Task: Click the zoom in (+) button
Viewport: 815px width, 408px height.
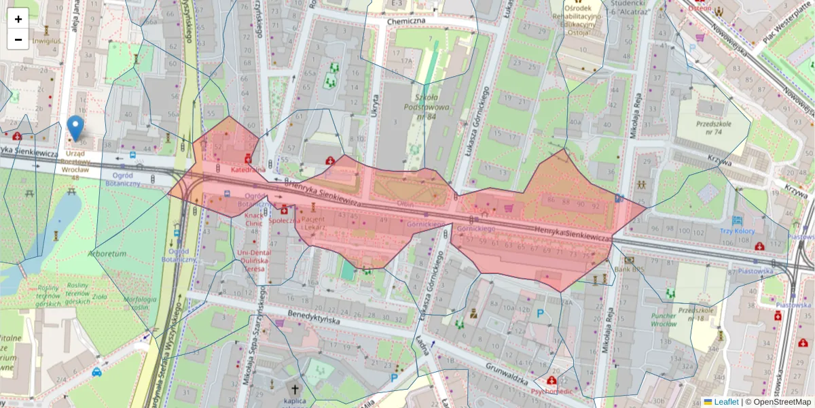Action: (18, 19)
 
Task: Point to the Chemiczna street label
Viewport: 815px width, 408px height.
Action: (405, 21)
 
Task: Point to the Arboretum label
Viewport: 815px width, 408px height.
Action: (107, 253)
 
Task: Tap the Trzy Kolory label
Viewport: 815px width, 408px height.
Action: (737, 231)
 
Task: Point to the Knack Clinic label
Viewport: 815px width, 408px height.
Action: (253, 218)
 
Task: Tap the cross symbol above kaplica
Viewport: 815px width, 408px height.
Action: (295, 390)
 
